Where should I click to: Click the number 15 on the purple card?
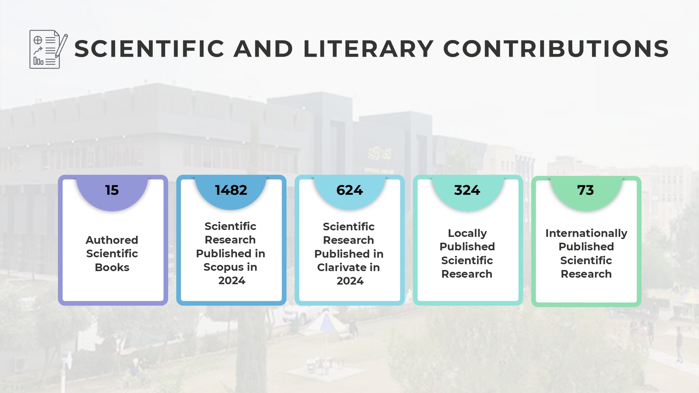[112, 190]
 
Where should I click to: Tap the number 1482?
[231, 190]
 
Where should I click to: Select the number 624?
[349, 190]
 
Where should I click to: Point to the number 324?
[467, 190]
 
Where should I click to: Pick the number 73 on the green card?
[585, 190]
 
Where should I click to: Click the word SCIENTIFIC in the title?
[149, 49]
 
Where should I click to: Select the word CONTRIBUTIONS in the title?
[556, 49]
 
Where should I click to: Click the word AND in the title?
[263, 49]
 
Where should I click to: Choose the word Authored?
[112, 240]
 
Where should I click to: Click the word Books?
[112, 267]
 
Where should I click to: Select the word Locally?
[467, 233]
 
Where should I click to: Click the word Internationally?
[586, 233]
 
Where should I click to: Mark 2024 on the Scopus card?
[232, 281]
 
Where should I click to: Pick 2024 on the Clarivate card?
[350, 281]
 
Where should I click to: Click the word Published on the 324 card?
[467, 247]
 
